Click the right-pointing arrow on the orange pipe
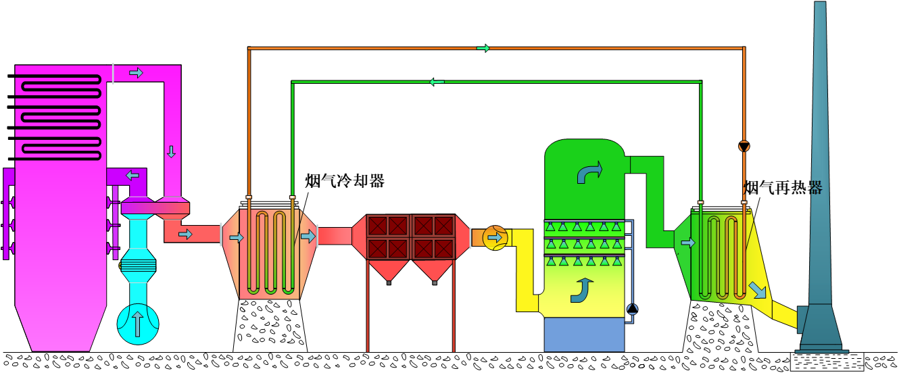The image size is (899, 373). pyautogui.click(x=483, y=48)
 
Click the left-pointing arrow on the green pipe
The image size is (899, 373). pyautogui.click(x=437, y=82)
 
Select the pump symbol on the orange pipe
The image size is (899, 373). pyautogui.click(x=744, y=146)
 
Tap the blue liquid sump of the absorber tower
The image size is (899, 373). pyautogui.click(x=584, y=334)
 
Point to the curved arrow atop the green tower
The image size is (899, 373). pyautogui.click(x=589, y=172)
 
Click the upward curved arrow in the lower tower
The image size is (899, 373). pyautogui.click(x=581, y=290)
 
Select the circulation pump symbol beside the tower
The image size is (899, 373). pyautogui.click(x=632, y=309)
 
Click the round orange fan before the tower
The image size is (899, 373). pyautogui.click(x=495, y=238)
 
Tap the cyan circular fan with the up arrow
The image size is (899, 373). pyautogui.click(x=138, y=323)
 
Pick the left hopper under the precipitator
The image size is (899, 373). pyautogui.click(x=389, y=270)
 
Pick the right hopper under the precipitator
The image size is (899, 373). pyautogui.click(x=434, y=270)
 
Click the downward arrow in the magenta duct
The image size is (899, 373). pyautogui.click(x=171, y=151)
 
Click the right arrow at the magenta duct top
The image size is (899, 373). pyautogui.click(x=136, y=73)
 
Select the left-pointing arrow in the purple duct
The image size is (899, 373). pyautogui.click(x=132, y=175)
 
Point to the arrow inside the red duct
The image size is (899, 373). pyautogui.click(x=185, y=234)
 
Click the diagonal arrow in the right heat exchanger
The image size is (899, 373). pyautogui.click(x=758, y=290)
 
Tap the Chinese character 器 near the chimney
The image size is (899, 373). pyautogui.click(x=817, y=188)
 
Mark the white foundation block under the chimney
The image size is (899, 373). pyautogui.click(x=827, y=362)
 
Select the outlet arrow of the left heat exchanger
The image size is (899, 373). pyautogui.click(x=308, y=237)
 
